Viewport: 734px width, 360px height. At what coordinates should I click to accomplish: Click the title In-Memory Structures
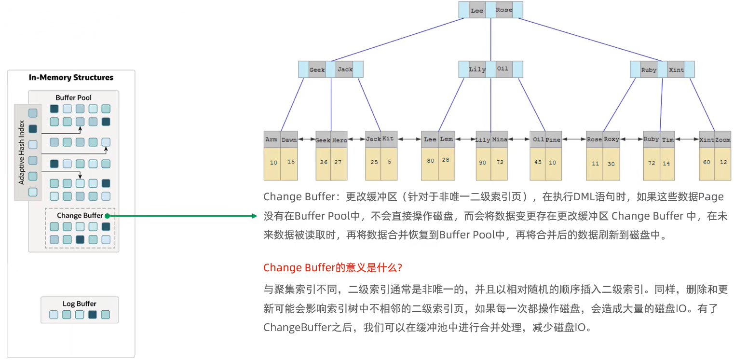coord(71,78)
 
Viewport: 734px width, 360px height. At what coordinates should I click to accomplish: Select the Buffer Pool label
coord(73,97)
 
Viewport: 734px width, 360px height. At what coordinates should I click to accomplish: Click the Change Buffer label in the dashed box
coord(80,215)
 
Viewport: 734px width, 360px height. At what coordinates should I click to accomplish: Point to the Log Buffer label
coord(79,304)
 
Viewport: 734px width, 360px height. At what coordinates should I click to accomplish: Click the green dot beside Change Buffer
coord(107,216)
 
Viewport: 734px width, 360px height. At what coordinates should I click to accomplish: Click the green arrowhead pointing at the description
coord(255,216)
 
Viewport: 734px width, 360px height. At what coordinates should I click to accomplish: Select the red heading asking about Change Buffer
coord(333,268)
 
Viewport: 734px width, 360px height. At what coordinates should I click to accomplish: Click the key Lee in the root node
coord(477,11)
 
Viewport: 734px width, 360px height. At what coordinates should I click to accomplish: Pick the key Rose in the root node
coord(504,10)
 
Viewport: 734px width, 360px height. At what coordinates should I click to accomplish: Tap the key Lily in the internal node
coord(477,69)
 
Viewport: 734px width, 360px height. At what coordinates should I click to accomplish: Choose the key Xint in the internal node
coord(676,70)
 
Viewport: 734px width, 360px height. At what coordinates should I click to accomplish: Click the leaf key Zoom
coord(722,139)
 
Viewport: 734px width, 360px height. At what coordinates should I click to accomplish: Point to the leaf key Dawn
coord(289,139)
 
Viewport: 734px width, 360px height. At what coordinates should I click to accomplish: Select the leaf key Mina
coord(500,139)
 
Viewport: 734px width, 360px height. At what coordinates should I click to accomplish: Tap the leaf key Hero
coord(340,140)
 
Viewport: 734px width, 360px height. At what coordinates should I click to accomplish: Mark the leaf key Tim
coord(668,139)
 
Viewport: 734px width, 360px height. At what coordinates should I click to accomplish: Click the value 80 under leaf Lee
coord(431,161)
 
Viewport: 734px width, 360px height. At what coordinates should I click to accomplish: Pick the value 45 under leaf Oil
coord(538,162)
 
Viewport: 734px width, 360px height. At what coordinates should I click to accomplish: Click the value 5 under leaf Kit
coord(388,162)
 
